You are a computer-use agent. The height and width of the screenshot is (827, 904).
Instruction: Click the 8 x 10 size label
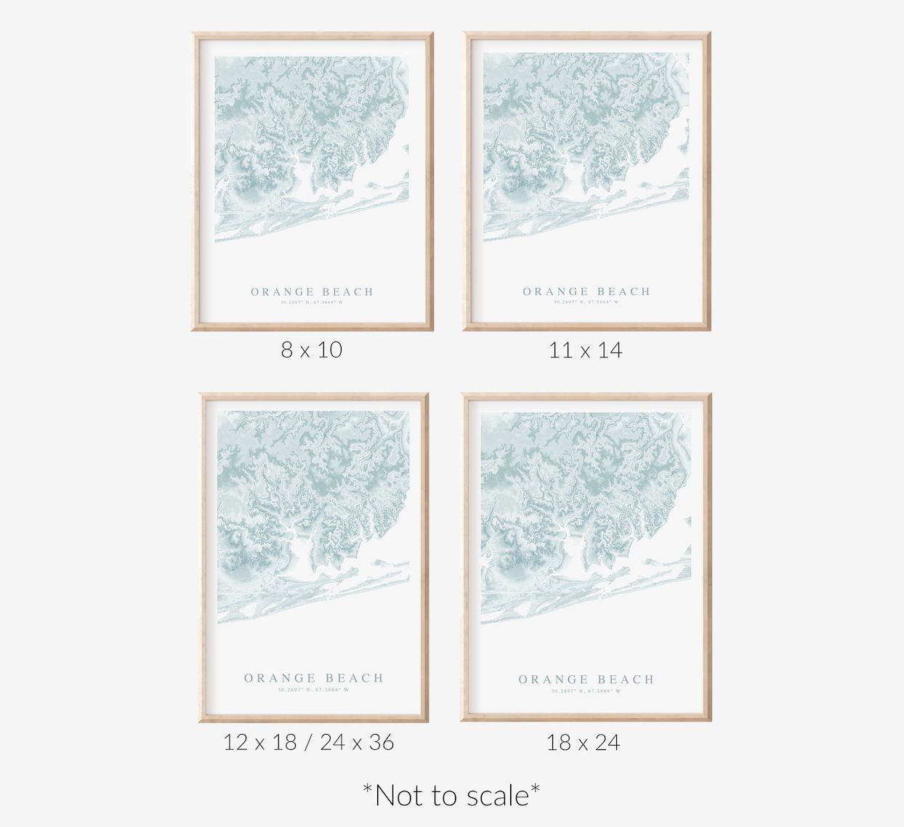(311, 350)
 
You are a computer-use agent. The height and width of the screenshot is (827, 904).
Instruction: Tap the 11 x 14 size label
(585, 350)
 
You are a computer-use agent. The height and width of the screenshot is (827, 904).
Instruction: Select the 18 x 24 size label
(583, 743)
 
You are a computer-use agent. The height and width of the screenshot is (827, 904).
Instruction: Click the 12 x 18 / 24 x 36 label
(309, 742)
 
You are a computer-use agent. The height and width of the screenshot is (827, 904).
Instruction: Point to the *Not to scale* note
(451, 796)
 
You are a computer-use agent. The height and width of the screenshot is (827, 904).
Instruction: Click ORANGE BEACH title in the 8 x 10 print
(312, 292)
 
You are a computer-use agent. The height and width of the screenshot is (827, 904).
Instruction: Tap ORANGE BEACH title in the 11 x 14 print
(586, 291)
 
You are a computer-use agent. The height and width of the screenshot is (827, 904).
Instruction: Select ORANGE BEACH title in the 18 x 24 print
(586, 679)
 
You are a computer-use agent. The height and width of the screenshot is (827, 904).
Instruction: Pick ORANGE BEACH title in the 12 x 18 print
(313, 678)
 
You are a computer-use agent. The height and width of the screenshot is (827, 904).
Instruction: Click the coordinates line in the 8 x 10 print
(312, 302)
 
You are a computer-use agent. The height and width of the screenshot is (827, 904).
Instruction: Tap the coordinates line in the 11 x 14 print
(586, 302)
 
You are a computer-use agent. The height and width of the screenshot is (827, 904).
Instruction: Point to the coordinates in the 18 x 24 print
(586, 691)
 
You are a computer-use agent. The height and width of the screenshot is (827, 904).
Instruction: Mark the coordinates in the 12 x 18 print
(313, 690)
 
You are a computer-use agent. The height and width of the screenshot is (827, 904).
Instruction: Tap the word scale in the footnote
(498, 796)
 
